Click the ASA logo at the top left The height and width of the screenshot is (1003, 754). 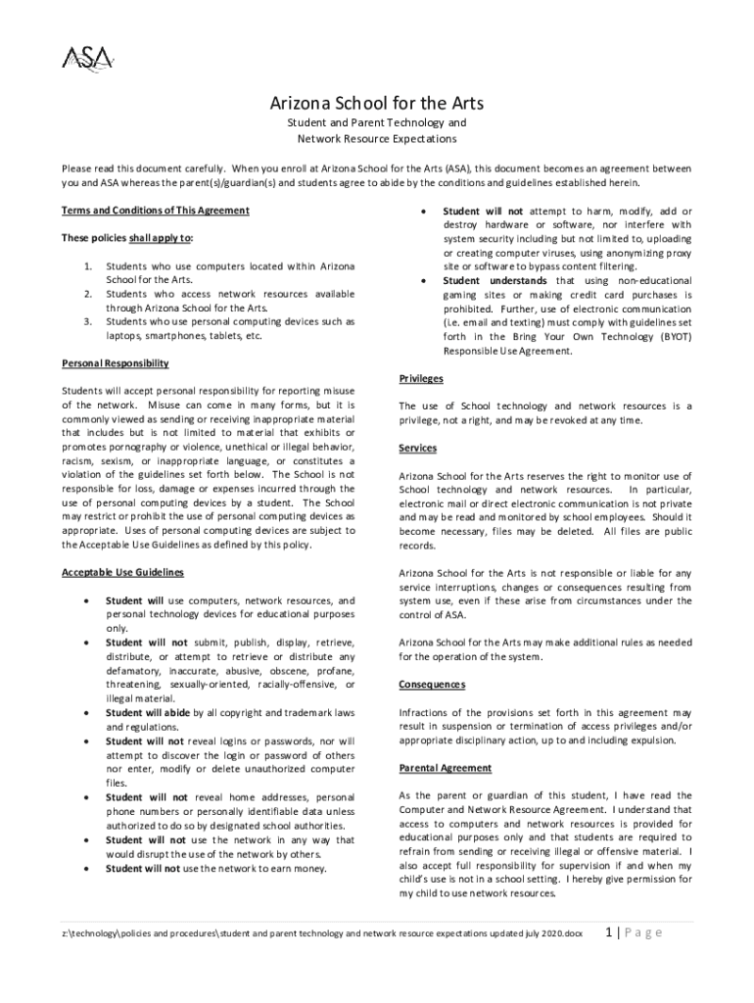pyautogui.click(x=87, y=59)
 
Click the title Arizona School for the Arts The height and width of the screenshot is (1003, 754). pyautogui.click(x=377, y=104)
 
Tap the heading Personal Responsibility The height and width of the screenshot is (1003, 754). pyautogui.click(x=115, y=363)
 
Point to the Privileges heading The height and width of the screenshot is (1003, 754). pyautogui.click(x=421, y=378)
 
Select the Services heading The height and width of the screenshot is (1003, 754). pyautogui.click(x=418, y=448)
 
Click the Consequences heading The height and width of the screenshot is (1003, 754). pyautogui.click(x=432, y=684)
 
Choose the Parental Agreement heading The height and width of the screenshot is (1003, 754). pyautogui.click(x=445, y=768)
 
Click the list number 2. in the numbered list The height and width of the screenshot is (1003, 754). pyautogui.click(x=88, y=294)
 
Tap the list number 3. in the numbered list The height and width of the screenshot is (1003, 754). pyautogui.click(x=88, y=321)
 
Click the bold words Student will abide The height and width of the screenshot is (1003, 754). pyautogui.click(x=148, y=712)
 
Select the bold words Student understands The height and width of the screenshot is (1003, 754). pyautogui.click(x=495, y=280)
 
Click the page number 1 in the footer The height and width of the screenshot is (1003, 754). pyautogui.click(x=610, y=931)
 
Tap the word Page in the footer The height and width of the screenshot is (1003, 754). pyautogui.click(x=647, y=931)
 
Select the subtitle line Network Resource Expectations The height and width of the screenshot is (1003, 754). pyautogui.click(x=377, y=140)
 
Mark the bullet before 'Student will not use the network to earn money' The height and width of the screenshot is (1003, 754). pyautogui.click(x=89, y=868)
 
